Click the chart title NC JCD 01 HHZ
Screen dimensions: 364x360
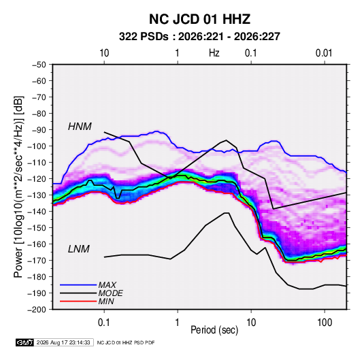pos(199,19)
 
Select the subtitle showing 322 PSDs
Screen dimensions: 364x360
pos(199,37)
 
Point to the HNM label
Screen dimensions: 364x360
pos(80,127)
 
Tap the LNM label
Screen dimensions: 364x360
pos(79,249)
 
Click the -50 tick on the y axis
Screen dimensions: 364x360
pos(39,65)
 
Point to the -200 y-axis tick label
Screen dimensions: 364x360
pos(37,310)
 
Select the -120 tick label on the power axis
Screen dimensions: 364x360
pos(37,179)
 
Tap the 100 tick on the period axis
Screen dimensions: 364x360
pos(325,323)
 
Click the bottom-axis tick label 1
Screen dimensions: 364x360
pos(178,323)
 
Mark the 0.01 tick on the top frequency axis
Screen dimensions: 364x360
pos(324,53)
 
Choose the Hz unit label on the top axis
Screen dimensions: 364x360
pos(214,53)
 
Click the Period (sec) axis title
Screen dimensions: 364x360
pos(214,330)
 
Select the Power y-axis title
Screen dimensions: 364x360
pos(18,186)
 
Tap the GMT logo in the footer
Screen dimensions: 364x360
pos(25,342)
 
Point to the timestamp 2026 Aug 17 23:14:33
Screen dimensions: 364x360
pos(63,342)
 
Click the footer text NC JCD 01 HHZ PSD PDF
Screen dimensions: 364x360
pos(126,342)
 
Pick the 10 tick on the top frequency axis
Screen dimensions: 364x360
pos(104,53)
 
